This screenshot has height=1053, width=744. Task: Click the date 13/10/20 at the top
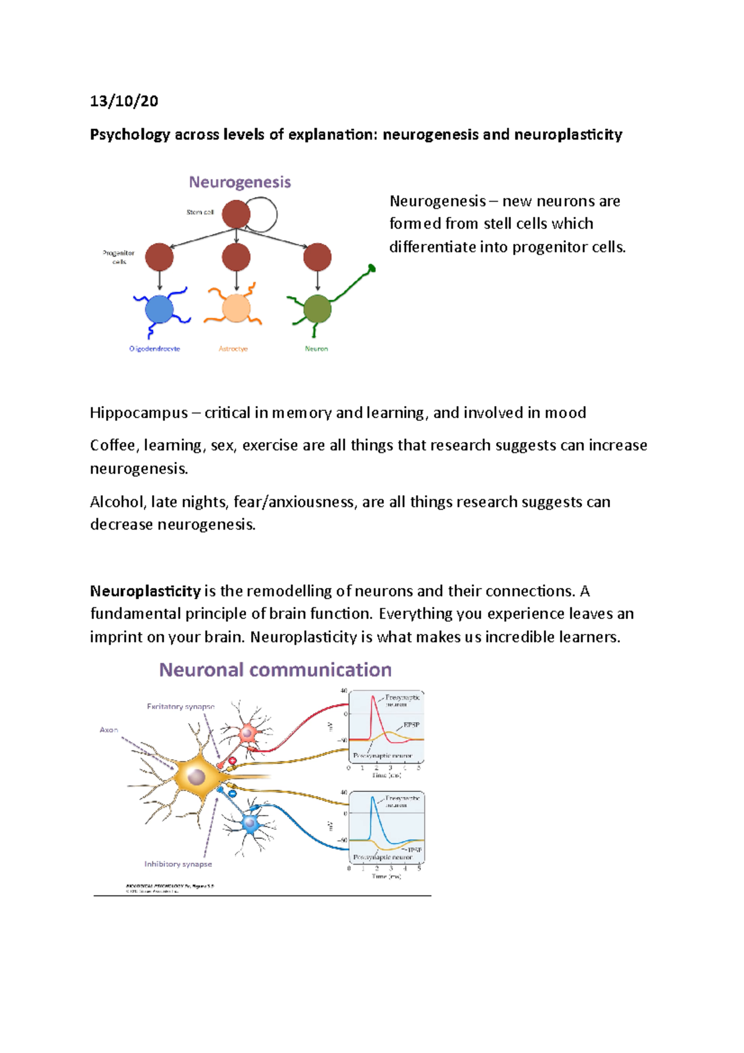(124, 101)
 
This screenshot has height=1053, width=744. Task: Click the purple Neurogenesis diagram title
(240, 182)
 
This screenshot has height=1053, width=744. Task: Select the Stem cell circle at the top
(236, 215)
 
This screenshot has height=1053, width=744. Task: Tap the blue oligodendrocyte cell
(159, 309)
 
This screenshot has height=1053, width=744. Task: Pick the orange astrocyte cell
(236, 308)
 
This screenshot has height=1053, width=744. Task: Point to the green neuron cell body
(318, 308)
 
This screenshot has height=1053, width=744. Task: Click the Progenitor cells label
(118, 257)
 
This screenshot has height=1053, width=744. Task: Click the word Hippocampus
(139, 413)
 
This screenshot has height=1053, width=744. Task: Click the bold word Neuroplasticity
(145, 591)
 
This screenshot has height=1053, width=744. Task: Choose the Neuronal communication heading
(275, 670)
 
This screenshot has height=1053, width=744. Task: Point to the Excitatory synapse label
(180, 706)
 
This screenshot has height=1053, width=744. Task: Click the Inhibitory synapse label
(178, 864)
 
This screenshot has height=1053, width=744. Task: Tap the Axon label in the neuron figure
(108, 730)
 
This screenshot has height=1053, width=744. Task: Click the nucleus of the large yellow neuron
(197, 776)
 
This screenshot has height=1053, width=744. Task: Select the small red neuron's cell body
(248, 733)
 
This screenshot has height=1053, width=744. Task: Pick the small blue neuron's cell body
(250, 824)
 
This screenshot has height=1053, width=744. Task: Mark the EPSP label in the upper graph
(411, 725)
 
